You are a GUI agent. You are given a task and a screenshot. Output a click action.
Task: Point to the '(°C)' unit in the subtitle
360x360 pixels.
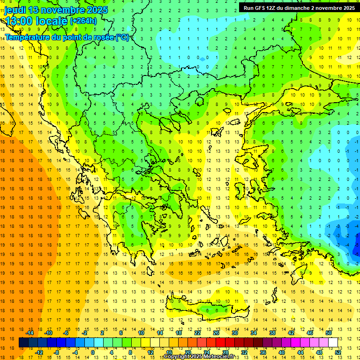coord(122,37)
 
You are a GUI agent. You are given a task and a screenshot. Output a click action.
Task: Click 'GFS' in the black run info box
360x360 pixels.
coord(260,8)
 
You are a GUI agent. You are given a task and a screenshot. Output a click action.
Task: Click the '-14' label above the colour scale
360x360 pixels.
coord(30,333)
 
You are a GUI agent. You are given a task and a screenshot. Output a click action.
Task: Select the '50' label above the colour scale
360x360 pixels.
coord(328,333)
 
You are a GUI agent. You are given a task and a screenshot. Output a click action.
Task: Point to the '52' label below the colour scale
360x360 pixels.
coord(337,352)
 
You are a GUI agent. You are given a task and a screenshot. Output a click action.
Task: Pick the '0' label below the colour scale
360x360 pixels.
coord(93,352)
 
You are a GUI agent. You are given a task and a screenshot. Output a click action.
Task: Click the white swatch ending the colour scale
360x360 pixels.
coord(333,342)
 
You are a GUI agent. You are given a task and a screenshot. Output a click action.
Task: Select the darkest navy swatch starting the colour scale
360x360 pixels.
coord(23,342)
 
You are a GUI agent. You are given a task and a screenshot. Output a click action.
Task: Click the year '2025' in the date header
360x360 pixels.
coord(97,10)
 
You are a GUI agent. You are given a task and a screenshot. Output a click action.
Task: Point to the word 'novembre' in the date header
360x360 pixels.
coord(62,10)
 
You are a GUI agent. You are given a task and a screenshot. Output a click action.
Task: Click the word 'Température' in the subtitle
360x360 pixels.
coord(26,37)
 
